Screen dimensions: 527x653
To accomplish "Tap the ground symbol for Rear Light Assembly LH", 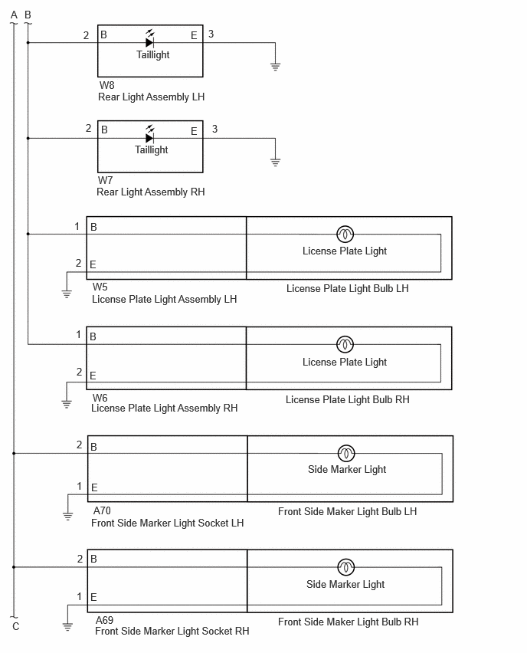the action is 275,67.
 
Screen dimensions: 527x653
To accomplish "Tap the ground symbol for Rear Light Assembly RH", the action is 275,162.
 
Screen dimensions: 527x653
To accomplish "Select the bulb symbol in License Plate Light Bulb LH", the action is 345,234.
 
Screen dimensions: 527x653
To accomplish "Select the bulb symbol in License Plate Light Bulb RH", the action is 345,344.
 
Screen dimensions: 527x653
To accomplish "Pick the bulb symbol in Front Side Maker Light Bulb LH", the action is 346,453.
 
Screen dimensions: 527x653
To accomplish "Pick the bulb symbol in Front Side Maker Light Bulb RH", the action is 346,567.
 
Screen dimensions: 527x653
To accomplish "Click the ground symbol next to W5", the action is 67,294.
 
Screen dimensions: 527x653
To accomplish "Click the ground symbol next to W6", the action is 67,404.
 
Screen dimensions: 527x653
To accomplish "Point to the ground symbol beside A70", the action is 68,517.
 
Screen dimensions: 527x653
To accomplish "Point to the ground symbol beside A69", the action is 67,626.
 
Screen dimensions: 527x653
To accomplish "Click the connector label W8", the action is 106,85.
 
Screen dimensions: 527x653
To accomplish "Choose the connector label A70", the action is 102,510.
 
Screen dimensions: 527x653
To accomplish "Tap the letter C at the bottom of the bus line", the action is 16,626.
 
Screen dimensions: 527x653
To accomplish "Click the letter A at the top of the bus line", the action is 14,15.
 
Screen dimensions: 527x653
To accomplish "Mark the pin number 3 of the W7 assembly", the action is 214,129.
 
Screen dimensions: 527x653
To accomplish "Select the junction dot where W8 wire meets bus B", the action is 28,42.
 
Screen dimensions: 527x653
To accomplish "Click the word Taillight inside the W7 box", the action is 152,150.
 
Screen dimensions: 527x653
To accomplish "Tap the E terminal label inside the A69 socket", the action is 93,597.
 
